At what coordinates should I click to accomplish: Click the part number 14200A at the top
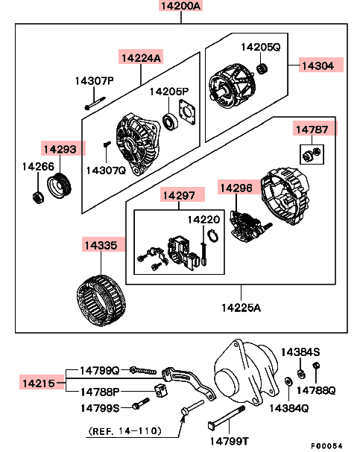[180, 5]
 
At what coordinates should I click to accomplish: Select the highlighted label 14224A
[141, 57]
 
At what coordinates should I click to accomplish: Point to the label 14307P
[95, 80]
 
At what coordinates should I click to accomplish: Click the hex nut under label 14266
[38, 197]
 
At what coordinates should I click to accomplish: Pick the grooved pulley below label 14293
[59, 185]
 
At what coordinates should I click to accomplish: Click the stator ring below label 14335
[101, 300]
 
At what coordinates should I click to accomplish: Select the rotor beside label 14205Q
[233, 86]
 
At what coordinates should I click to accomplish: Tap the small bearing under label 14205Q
[262, 69]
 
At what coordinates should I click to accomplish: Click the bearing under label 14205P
[170, 121]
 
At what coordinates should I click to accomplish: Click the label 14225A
[241, 308]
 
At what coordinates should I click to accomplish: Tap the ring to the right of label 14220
[213, 235]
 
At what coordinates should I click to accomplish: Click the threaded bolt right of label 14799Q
[143, 370]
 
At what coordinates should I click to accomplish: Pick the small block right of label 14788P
[161, 390]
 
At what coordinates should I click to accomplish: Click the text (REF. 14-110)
[124, 431]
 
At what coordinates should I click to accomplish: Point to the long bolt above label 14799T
[227, 418]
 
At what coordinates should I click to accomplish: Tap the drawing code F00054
[327, 445]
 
